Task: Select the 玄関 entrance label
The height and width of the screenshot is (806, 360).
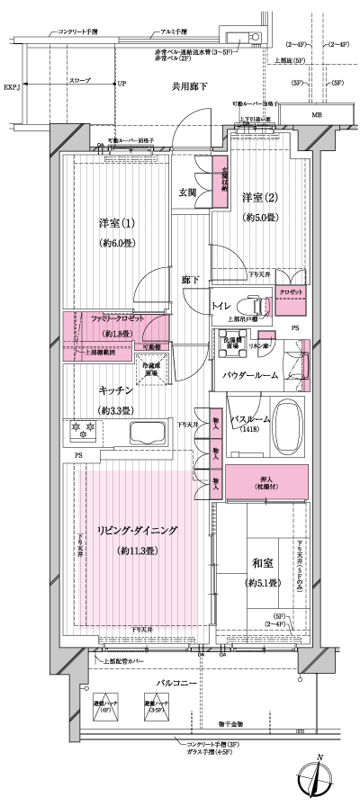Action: pyautogui.click(x=188, y=192)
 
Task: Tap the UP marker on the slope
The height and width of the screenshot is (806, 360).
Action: pyautogui.click(x=122, y=84)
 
